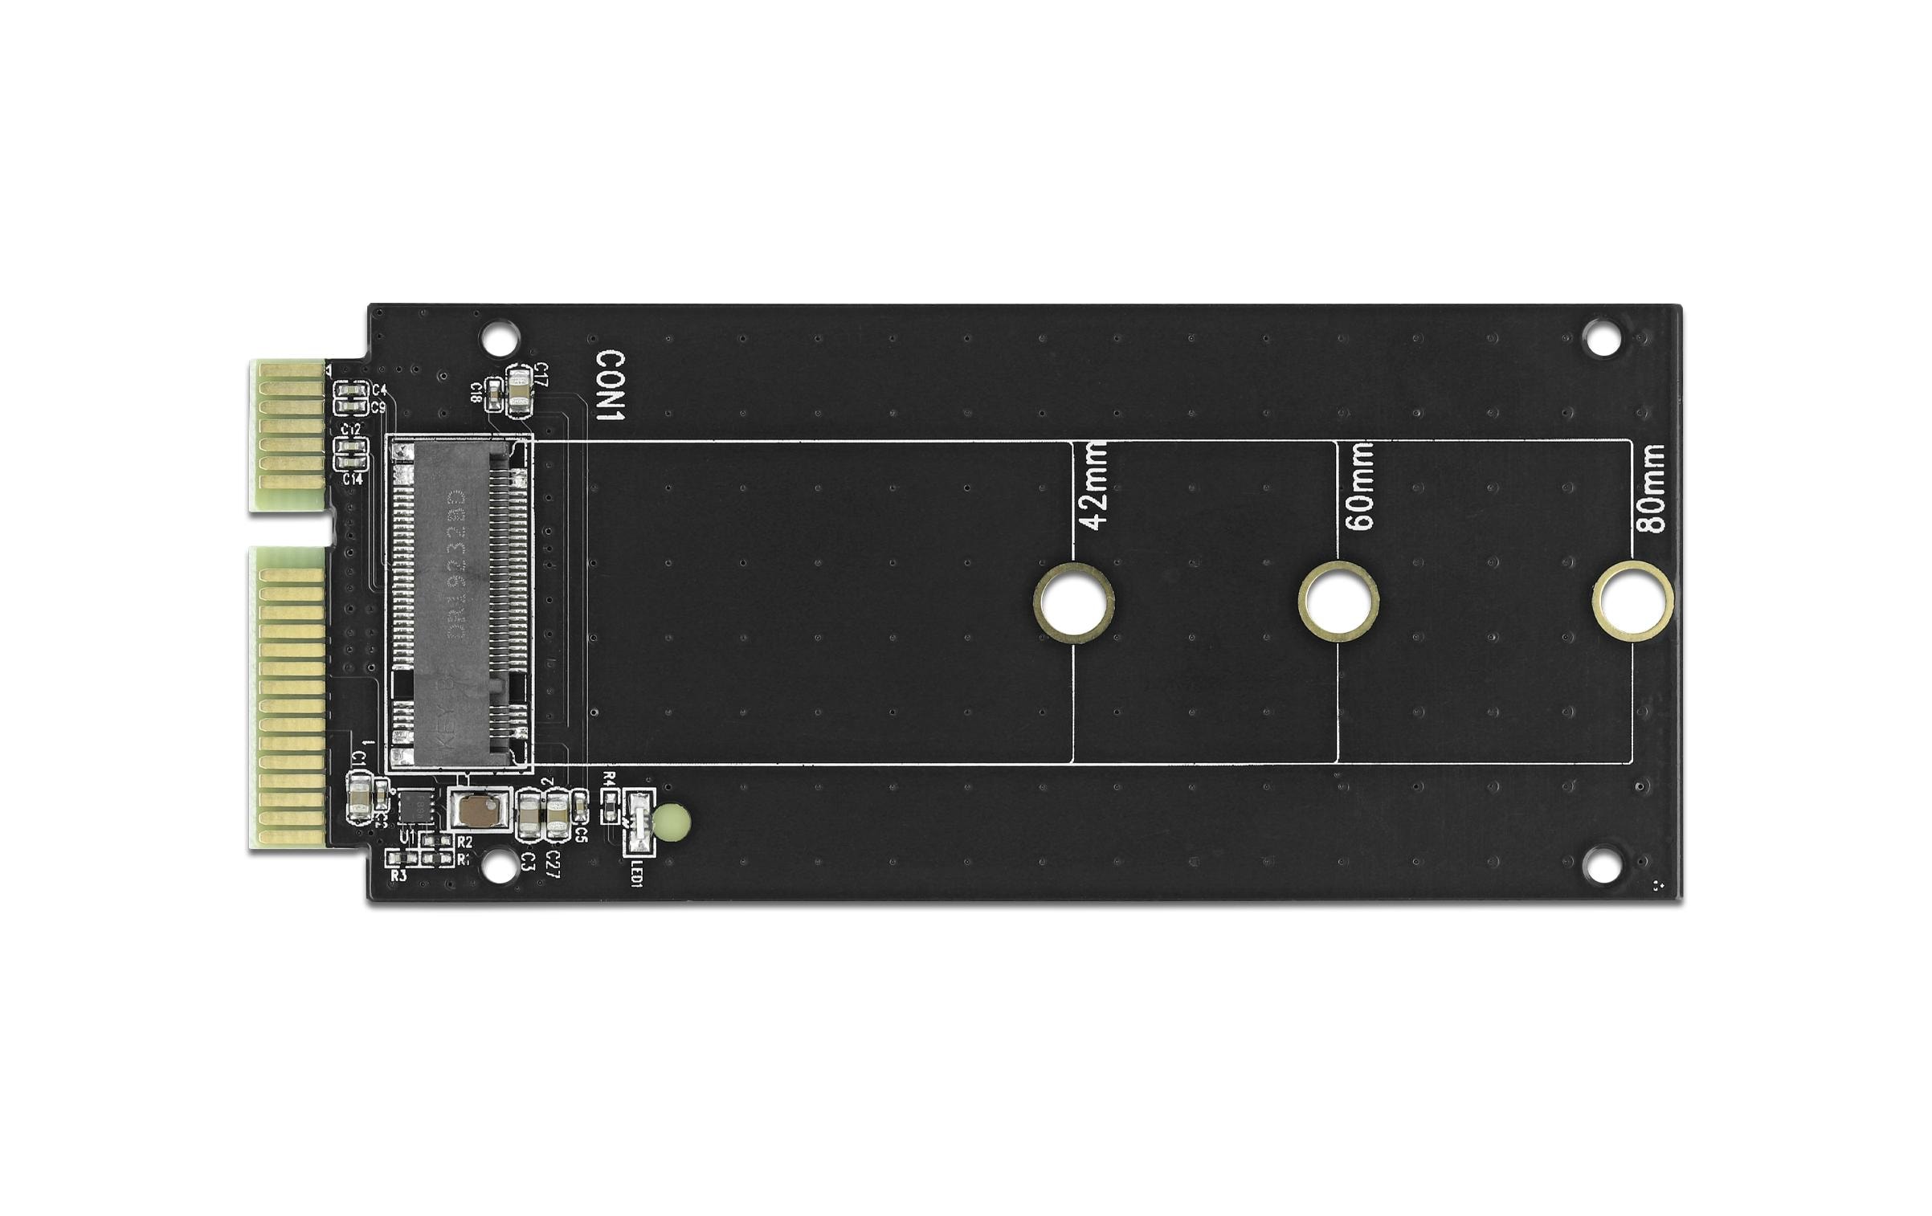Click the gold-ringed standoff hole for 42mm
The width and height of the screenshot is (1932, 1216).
[x=1073, y=602]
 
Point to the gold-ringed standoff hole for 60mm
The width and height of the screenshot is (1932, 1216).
[x=1338, y=602]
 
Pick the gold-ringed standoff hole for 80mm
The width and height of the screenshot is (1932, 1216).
[x=1633, y=602]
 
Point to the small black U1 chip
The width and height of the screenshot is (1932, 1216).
[x=416, y=806]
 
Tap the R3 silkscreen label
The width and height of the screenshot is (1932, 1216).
[x=398, y=875]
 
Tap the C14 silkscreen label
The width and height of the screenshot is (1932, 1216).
[x=352, y=479]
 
